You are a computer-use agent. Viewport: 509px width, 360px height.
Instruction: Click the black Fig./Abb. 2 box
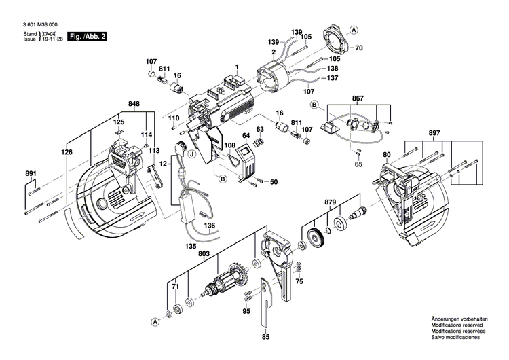(88, 35)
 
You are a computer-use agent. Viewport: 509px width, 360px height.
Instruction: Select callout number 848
(134, 105)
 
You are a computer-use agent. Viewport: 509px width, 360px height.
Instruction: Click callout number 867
(358, 98)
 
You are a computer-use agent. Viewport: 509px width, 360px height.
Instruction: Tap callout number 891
(30, 174)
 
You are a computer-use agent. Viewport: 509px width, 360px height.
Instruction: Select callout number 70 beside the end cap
(359, 48)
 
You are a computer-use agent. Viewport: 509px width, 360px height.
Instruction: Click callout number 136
(210, 225)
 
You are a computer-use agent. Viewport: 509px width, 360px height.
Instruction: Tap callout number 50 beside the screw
(274, 181)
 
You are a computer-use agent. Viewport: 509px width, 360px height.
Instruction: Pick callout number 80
(386, 155)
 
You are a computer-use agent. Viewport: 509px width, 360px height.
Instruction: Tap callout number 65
(359, 164)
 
